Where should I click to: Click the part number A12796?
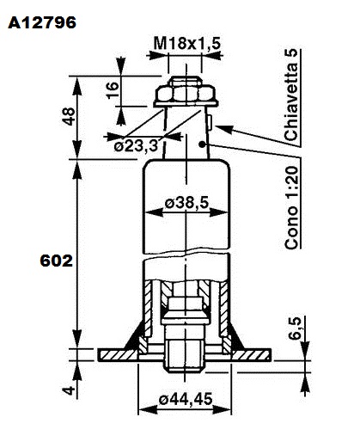(42, 22)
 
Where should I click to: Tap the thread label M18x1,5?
(187, 44)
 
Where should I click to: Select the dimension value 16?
(113, 90)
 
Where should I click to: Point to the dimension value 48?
(69, 116)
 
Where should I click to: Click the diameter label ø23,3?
(136, 146)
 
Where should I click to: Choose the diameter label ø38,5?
(186, 203)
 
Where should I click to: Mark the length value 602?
(57, 261)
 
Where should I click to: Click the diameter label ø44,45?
(186, 399)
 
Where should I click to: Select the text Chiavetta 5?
(291, 95)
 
